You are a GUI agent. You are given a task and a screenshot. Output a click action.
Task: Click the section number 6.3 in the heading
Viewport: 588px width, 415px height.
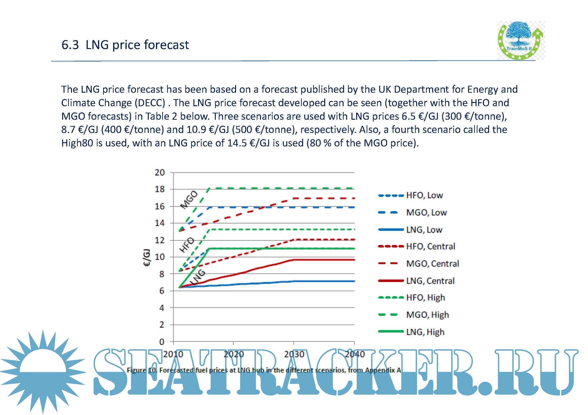(x=70, y=45)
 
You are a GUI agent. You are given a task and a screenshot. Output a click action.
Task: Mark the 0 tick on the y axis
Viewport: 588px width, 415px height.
(x=162, y=342)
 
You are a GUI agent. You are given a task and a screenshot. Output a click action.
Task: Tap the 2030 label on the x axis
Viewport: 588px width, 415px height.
(x=294, y=354)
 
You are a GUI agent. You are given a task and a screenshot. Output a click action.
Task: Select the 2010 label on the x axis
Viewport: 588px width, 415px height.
(x=173, y=354)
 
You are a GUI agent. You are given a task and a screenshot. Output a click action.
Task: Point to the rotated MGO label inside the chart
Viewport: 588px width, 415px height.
(x=189, y=200)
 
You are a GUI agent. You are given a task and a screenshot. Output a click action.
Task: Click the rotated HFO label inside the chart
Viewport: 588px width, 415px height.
(x=187, y=245)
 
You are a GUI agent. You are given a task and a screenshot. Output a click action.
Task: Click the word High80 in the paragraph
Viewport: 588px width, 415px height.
(x=77, y=143)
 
